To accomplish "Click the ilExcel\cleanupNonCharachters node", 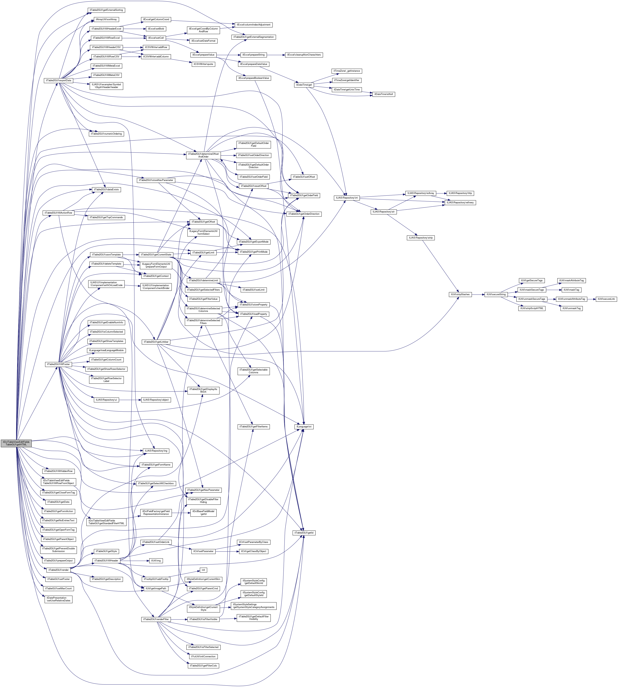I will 304,55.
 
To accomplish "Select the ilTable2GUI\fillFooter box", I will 59,364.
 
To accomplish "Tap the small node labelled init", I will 203,570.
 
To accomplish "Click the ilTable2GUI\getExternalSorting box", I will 106,10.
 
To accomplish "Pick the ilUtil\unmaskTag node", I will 571,308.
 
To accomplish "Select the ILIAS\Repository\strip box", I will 420,238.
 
